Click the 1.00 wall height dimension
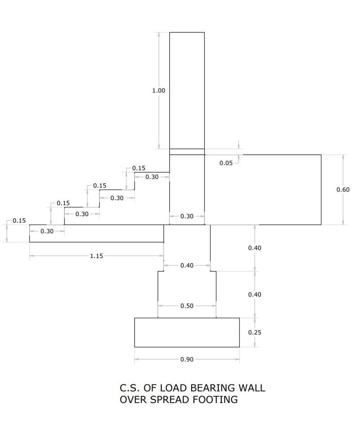point(158,90)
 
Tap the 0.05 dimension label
point(226,163)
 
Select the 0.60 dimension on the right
point(343,189)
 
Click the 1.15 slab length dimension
point(96,256)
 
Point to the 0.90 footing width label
point(187,360)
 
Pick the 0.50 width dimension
point(187,306)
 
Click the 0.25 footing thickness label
point(255,333)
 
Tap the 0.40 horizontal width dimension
point(187,265)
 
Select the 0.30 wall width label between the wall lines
point(187,216)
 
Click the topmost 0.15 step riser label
point(139,168)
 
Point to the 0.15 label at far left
point(19,220)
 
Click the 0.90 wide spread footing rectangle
point(187,332)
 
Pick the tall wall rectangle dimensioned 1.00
point(187,90)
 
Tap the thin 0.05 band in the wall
point(187,152)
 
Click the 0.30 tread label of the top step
point(152,177)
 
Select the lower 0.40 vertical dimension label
point(255,295)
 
